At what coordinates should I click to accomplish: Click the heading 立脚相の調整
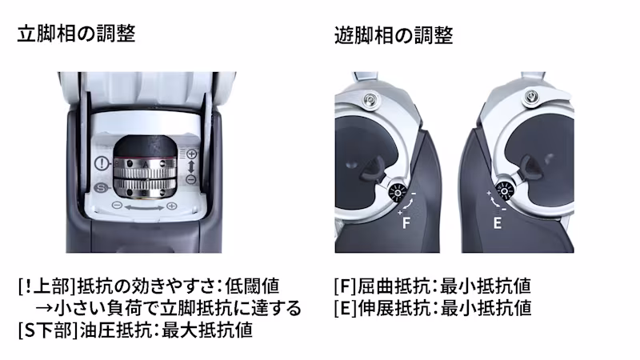pyautogui.click(x=76, y=34)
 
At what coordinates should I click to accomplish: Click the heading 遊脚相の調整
pyautogui.click(x=394, y=35)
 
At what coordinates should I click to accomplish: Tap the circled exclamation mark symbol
pyautogui.click(x=102, y=164)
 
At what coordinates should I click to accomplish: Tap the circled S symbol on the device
pyautogui.click(x=101, y=188)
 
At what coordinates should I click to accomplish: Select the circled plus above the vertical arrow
pyautogui.click(x=191, y=154)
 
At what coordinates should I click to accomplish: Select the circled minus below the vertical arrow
pyautogui.click(x=191, y=179)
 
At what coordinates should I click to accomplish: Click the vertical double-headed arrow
pyautogui.click(x=191, y=166)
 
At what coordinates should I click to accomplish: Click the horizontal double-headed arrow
pyautogui.click(x=144, y=208)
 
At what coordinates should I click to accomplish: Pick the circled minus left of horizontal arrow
pyautogui.click(x=117, y=205)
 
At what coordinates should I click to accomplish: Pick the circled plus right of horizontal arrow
pyautogui.click(x=172, y=206)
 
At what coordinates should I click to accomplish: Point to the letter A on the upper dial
pyautogui.click(x=146, y=164)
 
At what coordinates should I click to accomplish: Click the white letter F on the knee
pyautogui.click(x=406, y=223)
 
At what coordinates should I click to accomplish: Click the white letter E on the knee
pyautogui.click(x=497, y=223)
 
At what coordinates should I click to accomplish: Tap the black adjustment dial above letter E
pyautogui.click(x=504, y=191)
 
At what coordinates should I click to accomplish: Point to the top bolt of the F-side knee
pyautogui.click(x=370, y=98)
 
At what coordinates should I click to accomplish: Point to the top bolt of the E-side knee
pyautogui.click(x=530, y=96)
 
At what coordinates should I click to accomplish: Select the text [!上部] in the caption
pyautogui.click(x=47, y=286)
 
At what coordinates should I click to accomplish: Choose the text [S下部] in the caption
pyautogui.click(x=48, y=330)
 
